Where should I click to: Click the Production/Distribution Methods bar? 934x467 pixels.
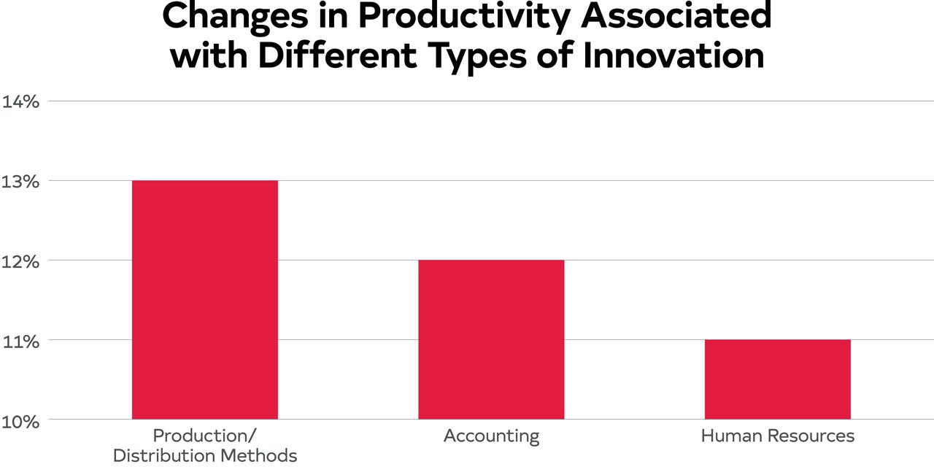point(204,299)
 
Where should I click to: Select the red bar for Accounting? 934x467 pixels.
point(491,339)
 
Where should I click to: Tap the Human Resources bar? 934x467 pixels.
point(777,379)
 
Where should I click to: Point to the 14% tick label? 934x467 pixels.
point(20,101)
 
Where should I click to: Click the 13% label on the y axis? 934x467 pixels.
point(20,180)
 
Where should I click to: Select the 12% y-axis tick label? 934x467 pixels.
point(20,260)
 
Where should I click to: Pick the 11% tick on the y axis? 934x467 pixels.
point(20,340)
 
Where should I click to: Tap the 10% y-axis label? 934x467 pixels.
point(20,421)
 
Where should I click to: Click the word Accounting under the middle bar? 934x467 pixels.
point(491,436)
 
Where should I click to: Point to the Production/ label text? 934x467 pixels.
point(204,436)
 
